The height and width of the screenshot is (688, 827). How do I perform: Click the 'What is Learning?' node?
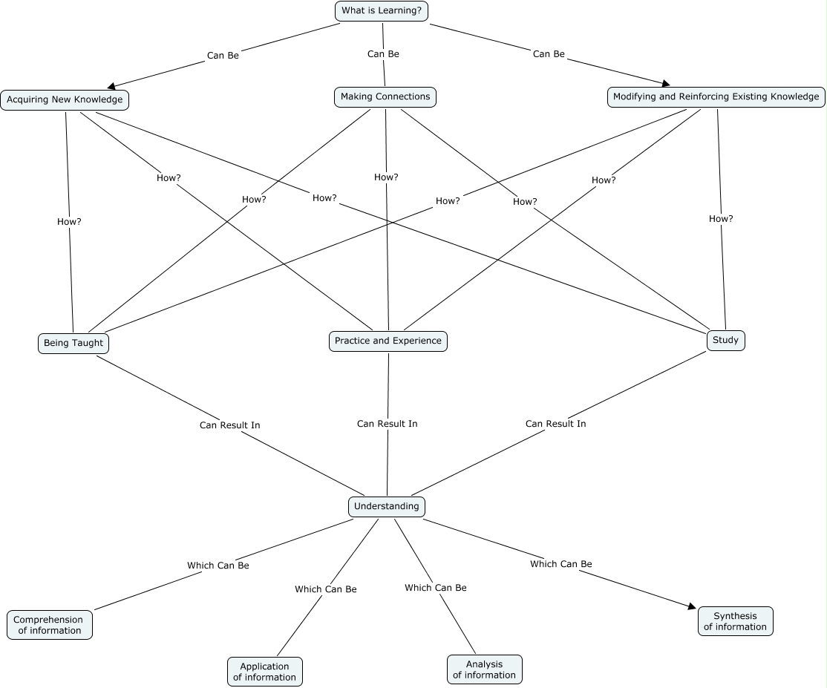382,11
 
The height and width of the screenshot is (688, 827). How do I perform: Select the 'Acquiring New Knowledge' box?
65,99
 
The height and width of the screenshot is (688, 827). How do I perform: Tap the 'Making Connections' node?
385,96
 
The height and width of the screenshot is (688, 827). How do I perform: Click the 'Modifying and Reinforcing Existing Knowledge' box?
716,96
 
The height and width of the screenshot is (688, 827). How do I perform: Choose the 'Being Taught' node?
73,343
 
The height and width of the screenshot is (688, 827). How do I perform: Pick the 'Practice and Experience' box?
388,341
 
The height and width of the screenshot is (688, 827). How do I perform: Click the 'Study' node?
725,340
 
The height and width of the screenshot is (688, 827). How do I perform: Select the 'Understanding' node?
386,506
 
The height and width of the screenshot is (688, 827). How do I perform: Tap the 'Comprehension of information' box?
50,625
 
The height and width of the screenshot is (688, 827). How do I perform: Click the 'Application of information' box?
264,672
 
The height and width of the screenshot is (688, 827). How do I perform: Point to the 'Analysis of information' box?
484,669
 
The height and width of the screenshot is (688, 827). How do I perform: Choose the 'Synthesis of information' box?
735,621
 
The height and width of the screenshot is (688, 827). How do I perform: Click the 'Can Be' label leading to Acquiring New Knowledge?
223,55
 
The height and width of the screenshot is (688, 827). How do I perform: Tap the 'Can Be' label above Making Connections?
383,53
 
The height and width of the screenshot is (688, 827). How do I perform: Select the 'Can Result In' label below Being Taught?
229,425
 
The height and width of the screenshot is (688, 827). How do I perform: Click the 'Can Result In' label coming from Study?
555,423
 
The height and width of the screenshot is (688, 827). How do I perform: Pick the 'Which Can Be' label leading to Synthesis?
560,564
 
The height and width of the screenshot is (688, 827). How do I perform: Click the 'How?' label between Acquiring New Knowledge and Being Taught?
69,221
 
